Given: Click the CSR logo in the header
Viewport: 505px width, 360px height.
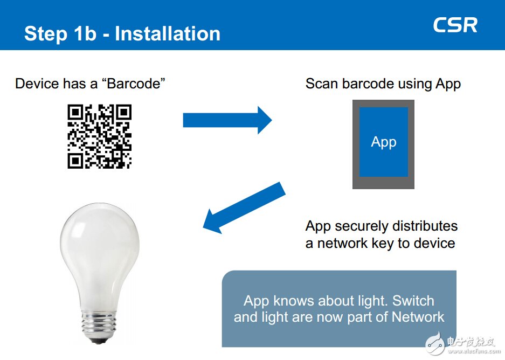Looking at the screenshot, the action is (x=455, y=25).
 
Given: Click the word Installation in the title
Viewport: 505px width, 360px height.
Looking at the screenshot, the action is (x=168, y=33).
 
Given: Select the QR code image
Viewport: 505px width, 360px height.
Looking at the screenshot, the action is (x=100, y=136).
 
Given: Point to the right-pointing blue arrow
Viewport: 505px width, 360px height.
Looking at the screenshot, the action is (x=227, y=120).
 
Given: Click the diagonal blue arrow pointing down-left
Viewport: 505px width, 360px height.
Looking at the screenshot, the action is (x=244, y=208).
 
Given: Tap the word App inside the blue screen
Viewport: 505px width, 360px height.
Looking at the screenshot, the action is (x=384, y=142).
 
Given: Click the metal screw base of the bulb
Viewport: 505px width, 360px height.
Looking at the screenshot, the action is (x=98, y=324).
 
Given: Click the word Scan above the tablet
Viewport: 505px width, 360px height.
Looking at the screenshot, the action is (x=322, y=84).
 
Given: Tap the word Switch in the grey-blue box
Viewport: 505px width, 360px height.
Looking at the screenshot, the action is (x=413, y=301).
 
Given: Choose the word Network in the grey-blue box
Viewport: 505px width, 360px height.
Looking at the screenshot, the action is (x=418, y=317).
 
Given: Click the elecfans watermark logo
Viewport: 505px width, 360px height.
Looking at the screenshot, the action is (x=462, y=344).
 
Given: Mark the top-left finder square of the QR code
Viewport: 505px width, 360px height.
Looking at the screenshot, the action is (x=75, y=112).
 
